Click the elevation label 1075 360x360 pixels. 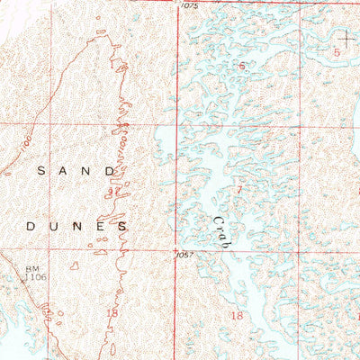pos(188,5)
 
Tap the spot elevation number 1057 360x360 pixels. pos(186,256)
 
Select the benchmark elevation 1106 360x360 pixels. pos(37,278)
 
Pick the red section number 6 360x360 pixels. pos(241,67)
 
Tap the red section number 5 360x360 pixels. pos(337,53)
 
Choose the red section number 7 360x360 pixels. pos(238,190)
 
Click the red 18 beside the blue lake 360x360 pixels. pos(238,316)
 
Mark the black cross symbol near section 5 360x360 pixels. pos(346,38)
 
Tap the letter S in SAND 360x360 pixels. pos(40,169)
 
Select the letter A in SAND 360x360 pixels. pos(64,169)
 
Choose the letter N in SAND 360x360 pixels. pos(88,169)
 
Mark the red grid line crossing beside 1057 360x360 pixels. pos(176,249)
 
